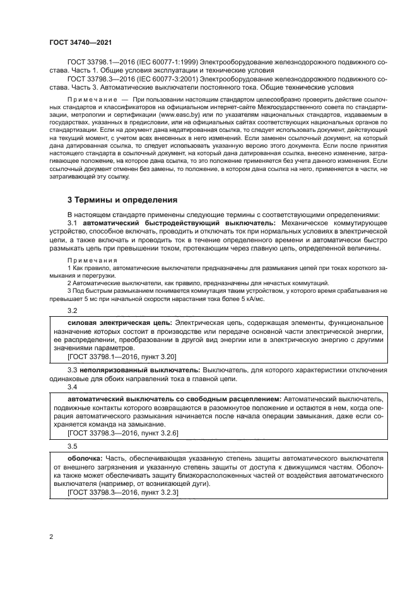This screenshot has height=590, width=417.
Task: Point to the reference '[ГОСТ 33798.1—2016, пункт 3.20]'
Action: click(117, 357)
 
